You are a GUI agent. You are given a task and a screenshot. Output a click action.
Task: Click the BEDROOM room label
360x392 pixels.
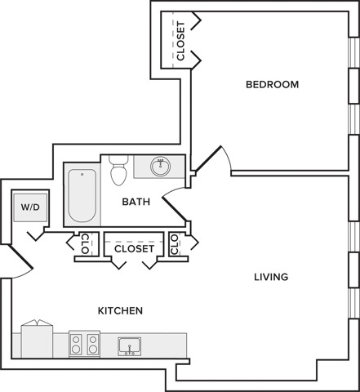click(272, 84)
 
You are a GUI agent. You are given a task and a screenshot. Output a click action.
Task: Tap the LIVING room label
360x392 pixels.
click(271, 277)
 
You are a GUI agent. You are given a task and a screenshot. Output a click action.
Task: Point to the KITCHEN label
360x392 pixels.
click(120, 310)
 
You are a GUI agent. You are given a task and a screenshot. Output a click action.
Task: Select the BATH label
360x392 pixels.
click(136, 202)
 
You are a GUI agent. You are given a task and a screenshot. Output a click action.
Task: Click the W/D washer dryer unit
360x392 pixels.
click(30, 207)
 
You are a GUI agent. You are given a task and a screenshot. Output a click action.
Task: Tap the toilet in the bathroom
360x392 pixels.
click(119, 170)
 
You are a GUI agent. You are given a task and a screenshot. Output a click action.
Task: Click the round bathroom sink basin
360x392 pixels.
click(161, 166)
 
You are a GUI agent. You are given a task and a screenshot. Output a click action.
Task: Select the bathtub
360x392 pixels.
click(82, 195)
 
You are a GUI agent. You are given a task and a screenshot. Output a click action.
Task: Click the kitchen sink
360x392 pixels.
click(130, 346)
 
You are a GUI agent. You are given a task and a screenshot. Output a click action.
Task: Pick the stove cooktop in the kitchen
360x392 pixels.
click(84, 344)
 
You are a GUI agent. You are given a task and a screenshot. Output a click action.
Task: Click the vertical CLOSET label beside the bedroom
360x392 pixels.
click(180, 41)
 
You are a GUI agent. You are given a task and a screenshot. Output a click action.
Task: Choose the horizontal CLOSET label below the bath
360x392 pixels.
click(135, 248)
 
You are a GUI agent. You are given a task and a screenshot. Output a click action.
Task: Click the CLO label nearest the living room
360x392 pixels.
click(175, 244)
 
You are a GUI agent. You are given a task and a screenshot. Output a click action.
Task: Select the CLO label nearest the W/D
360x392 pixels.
click(85, 243)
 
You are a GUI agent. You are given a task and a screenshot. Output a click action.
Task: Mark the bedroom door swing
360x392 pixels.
click(212, 159)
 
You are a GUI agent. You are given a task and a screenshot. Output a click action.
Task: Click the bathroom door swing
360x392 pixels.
click(175, 204)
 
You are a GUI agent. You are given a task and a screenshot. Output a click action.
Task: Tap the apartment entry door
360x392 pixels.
click(20, 261)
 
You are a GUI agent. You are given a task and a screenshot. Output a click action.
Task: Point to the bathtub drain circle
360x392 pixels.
click(82, 174)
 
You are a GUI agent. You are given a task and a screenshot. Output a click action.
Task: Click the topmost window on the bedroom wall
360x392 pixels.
click(354, 52)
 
